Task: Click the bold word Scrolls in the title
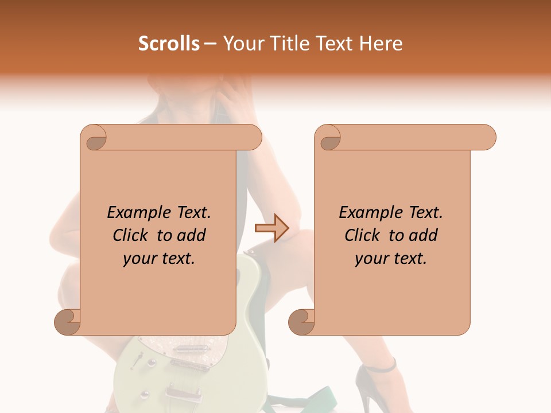click(169, 44)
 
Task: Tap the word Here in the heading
click(381, 44)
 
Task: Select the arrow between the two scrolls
click(271, 228)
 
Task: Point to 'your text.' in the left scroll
click(159, 258)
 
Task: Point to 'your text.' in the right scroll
click(391, 258)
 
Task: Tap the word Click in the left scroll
click(132, 235)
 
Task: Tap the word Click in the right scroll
click(364, 235)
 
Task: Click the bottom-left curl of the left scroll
click(68, 321)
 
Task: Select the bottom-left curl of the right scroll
click(302, 321)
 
